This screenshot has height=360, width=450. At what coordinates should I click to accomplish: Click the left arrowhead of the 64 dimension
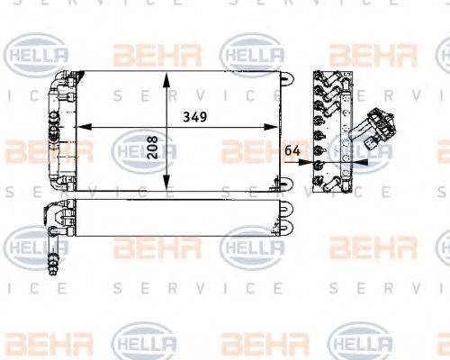pyautogui.click(x=307, y=163)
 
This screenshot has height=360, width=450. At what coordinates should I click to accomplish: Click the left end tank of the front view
pyautogui.click(x=61, y=131)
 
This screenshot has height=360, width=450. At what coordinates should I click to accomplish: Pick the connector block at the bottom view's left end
pyautogui.click(x=57, y=220)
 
